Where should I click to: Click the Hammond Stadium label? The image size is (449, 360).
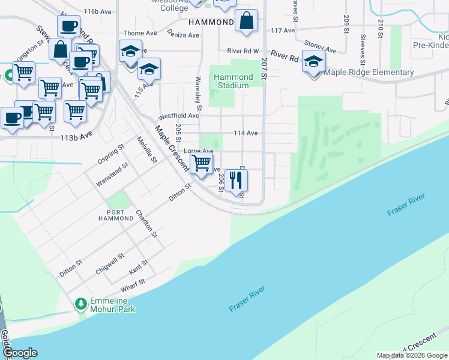(233, 81)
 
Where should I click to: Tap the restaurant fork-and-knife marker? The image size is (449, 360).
(236, 179)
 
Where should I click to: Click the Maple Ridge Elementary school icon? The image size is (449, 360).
(313, 62)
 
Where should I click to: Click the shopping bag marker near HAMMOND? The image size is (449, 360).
(246, 21)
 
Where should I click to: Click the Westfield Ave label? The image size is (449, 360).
(178, 115)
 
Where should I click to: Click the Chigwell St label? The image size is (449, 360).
(110, 264)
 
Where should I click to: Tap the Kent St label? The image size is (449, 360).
(139, 268)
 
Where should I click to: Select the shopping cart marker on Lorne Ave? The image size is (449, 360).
(201, 162)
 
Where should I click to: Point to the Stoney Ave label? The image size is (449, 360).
(320, 46)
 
